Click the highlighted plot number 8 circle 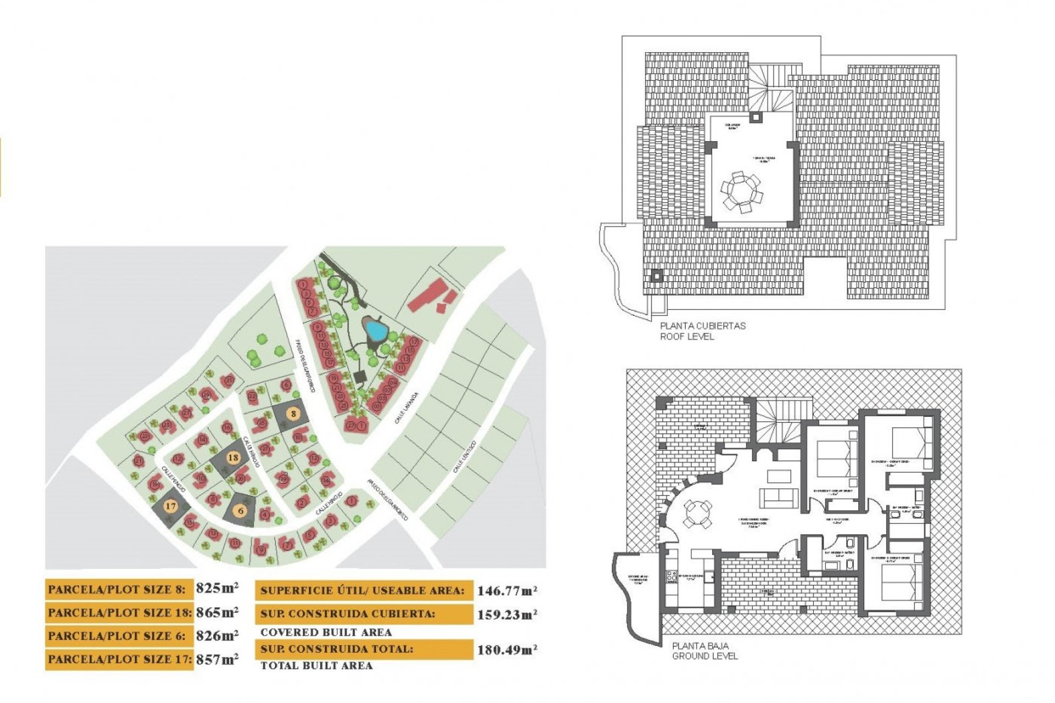click(294, 414)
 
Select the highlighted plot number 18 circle click(233, 457)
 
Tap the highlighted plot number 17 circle click(170, 506)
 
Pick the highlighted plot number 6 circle click(240, 511)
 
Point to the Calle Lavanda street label click(407, 408)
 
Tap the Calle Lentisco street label click(464, 457)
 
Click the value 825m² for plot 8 click(217, 588)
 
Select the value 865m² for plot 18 click(217, 612)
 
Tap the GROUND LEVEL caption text click(705, 656)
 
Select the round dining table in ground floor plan click(697, 514)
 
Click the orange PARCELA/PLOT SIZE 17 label click(119, 659)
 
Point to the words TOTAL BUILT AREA click(316, 666)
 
